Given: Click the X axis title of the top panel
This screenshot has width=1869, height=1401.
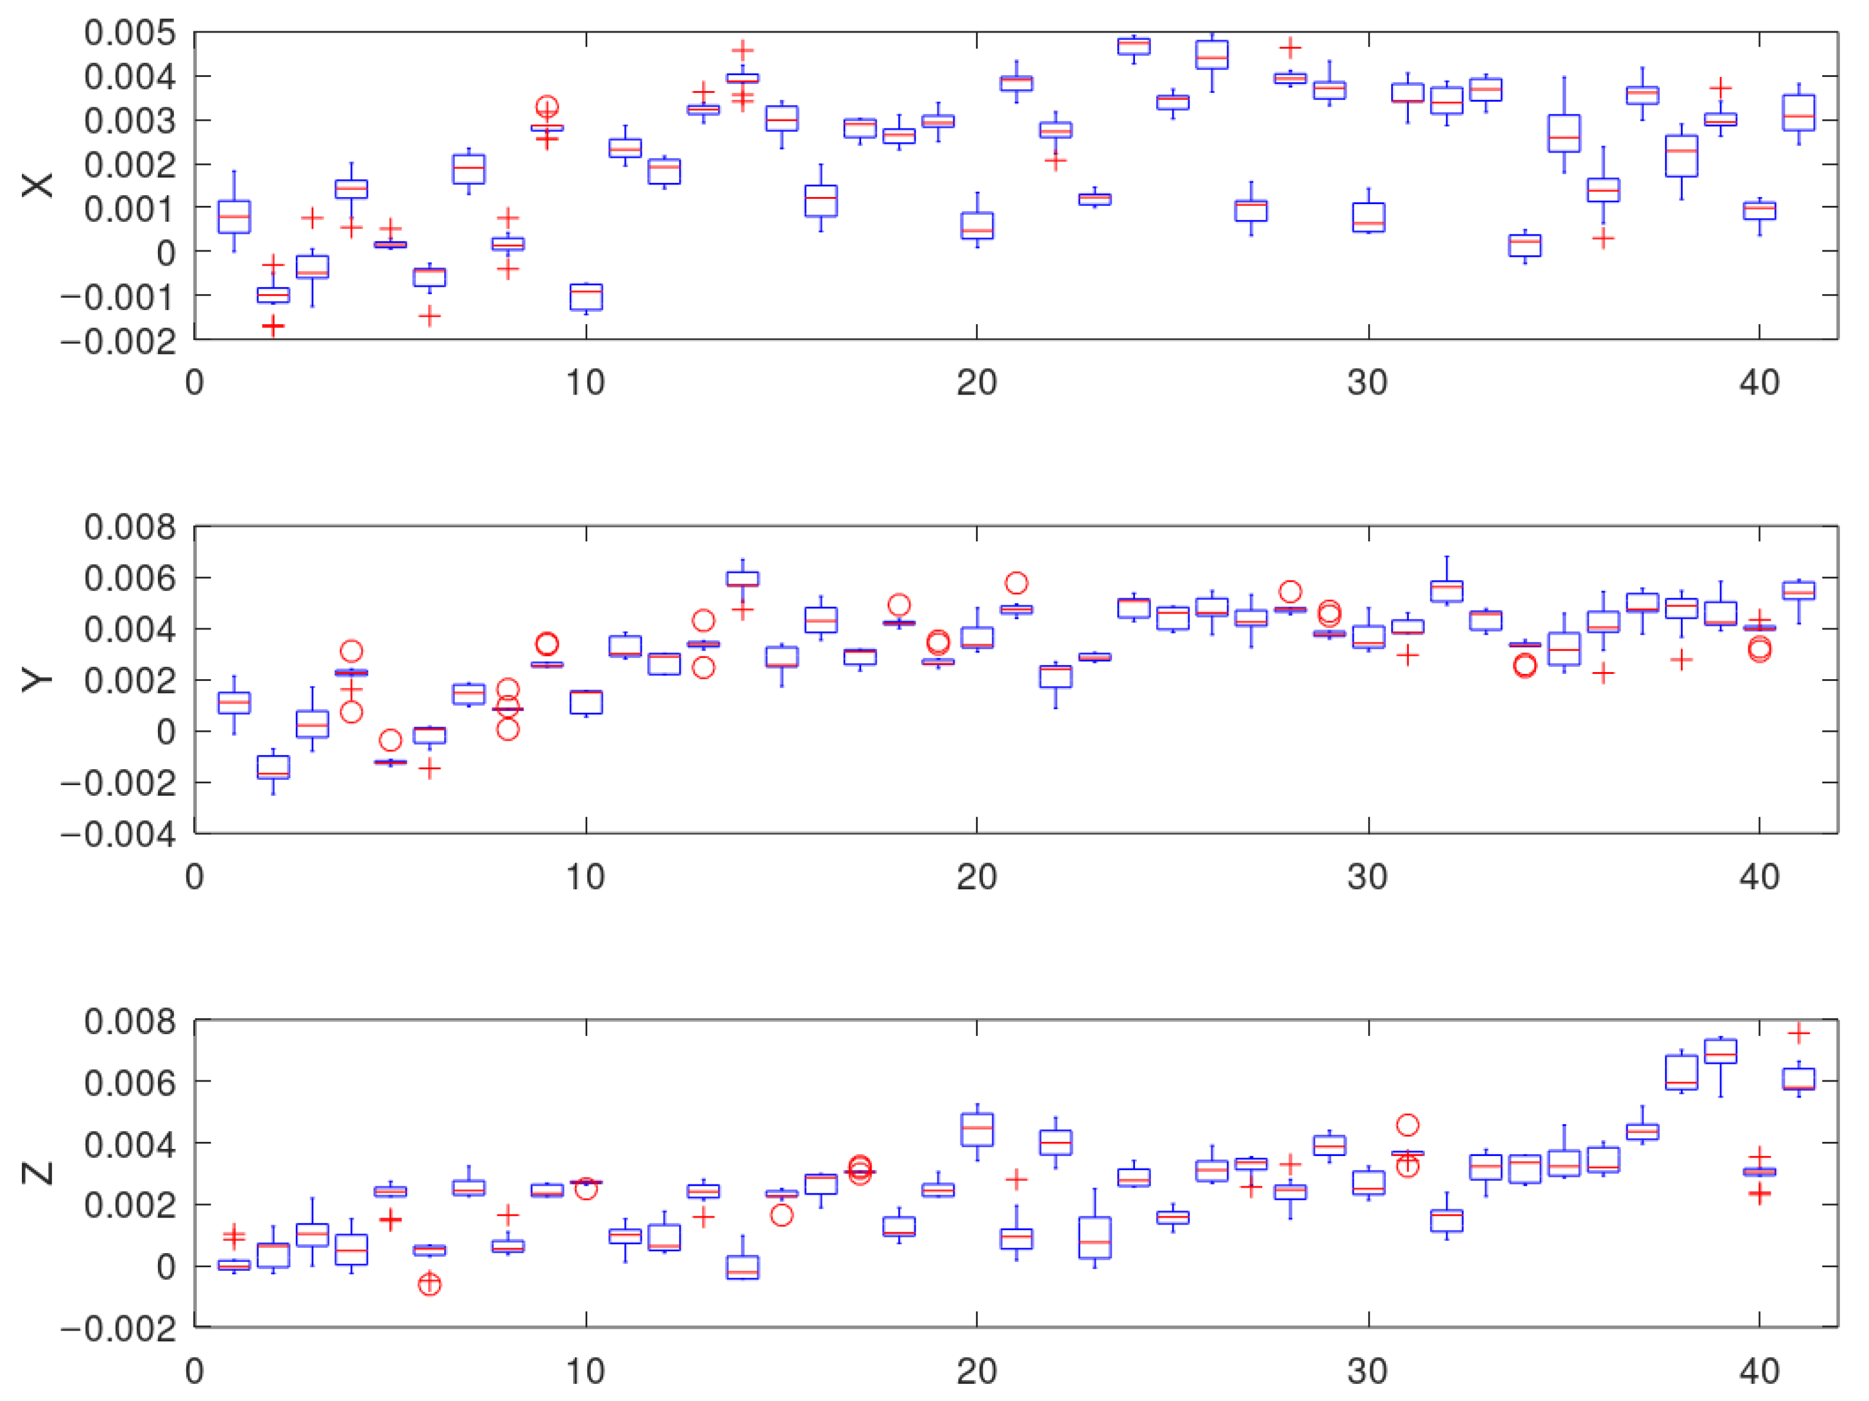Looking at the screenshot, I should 37,185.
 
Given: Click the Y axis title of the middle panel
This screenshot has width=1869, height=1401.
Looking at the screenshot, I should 37,679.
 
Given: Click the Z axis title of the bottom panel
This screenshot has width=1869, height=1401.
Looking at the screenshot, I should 37,1173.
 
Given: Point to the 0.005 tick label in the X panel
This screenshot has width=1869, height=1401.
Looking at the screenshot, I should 130,33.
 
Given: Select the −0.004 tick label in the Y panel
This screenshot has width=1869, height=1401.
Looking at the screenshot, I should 118,835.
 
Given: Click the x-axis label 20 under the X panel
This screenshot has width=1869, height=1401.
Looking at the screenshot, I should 976,383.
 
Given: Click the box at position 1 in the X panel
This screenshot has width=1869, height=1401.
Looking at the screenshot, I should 234,217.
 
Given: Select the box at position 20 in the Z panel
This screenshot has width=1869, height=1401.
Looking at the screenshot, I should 976,1130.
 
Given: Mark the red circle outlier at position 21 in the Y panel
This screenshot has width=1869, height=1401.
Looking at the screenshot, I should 1017,583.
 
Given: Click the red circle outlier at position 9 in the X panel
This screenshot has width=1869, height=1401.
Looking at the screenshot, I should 547,106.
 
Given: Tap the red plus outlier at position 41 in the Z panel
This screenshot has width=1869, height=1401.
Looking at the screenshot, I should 1799,1032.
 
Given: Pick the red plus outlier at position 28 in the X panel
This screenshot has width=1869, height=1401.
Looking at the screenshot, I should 1289,47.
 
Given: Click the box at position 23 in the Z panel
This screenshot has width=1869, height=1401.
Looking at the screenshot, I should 1095,1238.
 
